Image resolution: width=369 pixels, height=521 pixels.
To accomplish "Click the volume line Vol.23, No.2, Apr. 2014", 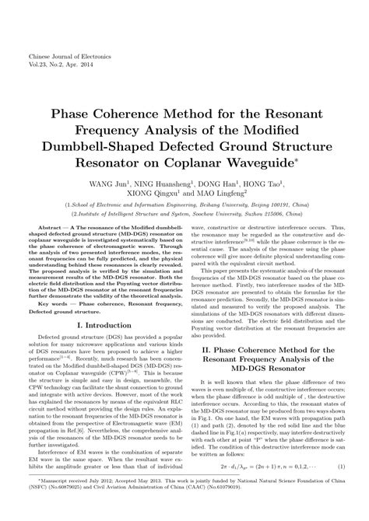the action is (x=59, y=68).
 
